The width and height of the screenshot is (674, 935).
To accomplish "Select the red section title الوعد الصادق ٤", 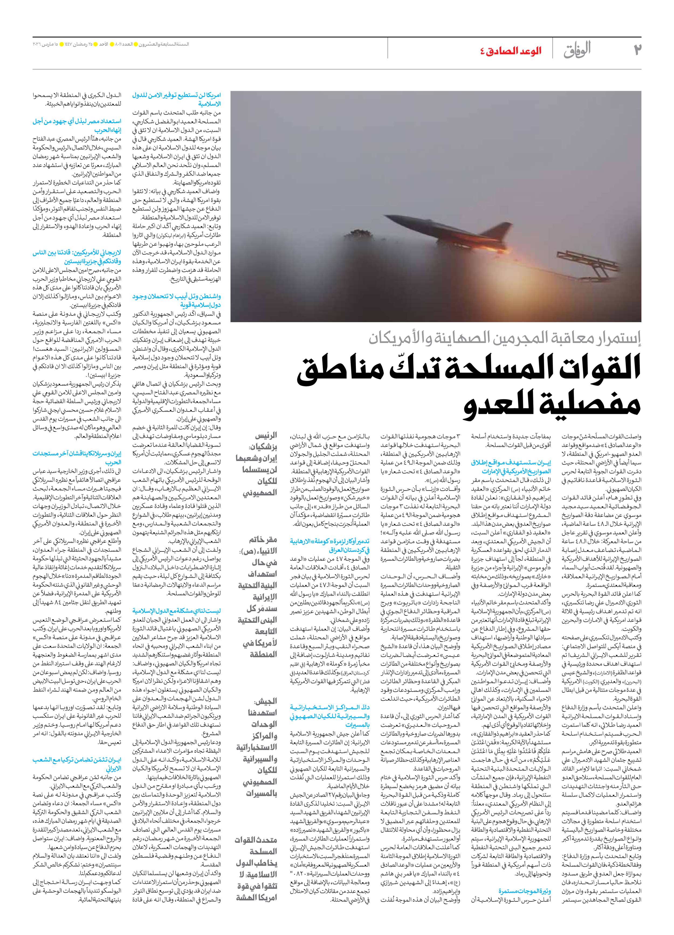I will point(510,51).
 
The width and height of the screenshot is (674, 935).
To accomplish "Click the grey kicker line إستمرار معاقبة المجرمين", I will point(505,338).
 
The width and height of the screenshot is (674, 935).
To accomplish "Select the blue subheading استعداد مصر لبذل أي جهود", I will point(77,126).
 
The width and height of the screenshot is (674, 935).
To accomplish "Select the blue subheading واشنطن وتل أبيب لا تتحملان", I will point(176,301).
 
